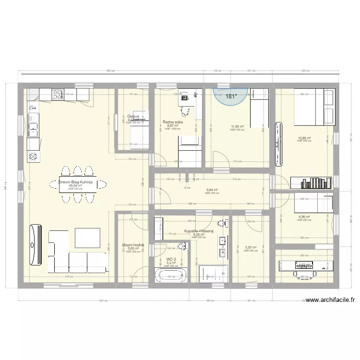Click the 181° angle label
(x=231, y=96)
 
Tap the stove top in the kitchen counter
(x=58, y=94)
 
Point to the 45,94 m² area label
(x=75, y=186)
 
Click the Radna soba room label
(x=171, y=122)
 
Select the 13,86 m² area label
(x=304, y=138)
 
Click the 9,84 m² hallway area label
(x=212, y=190)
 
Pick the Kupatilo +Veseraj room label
(x=198, y=231)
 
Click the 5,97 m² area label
(x=251, y=248)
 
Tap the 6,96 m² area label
(x=304, y=216)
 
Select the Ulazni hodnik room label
(x=130, y=245)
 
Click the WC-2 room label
(x=171, y=259)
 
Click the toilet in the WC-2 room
(x=181, y=247)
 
